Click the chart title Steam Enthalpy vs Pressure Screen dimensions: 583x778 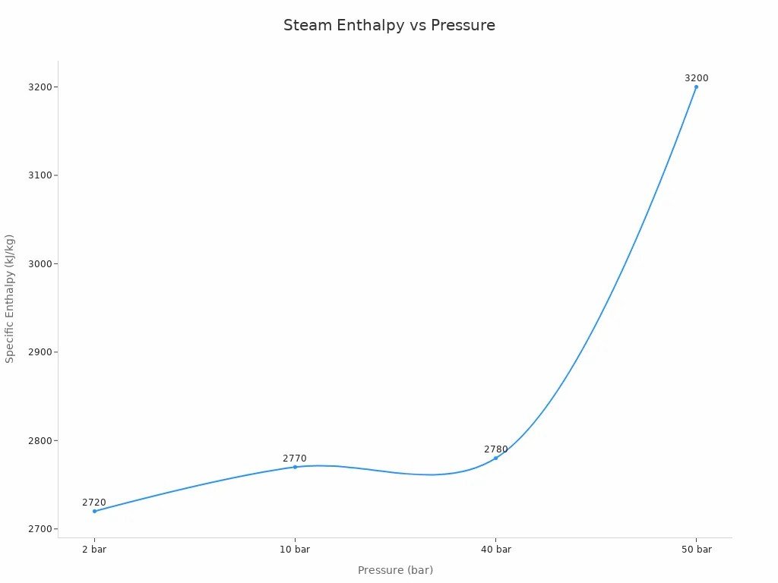click(389, 25)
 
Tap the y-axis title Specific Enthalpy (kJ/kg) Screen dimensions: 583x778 click(10, 298)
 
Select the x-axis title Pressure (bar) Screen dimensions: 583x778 click(395, 570)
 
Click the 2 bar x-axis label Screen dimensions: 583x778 click(94, 550)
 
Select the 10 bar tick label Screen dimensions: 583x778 click(295, 550)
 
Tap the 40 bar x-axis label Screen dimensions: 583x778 click(495, 550)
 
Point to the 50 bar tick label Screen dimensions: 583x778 click(696, 550)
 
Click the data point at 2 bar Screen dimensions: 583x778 click(94, 511)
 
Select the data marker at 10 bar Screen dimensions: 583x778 click(295, 467)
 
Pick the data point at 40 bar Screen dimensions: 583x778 click(495, 458)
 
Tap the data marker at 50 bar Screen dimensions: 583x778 click(696, 87)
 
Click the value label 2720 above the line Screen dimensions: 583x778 click(94, 503)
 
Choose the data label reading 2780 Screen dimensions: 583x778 click(496, 449)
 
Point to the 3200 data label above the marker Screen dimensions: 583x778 click(697, 78)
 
